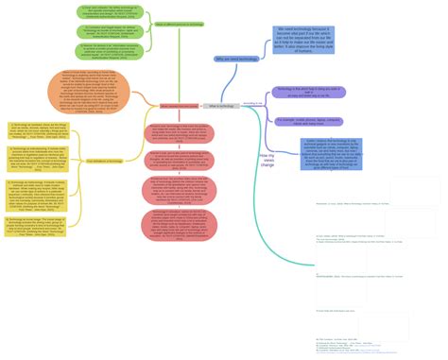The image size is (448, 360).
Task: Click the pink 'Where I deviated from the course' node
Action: click(x=180, y=106)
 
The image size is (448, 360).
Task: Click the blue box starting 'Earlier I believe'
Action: click(x=316, y=154)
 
